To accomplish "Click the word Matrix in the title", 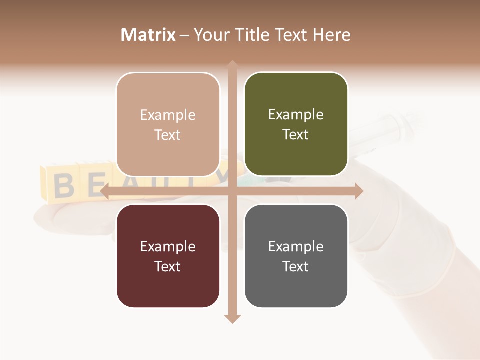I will click(148, 35).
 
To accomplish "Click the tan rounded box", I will click(168, 124).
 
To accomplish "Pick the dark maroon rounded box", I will click(168, 256).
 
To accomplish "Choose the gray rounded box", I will click(296, 256).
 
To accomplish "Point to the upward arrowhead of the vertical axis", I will click(232, 64).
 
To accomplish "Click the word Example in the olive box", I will click(296, 114).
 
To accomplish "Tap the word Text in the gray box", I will click(296, 266).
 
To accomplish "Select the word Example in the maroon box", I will click(168, 246).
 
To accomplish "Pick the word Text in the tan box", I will click(168, 135).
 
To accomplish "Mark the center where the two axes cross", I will click(232, 191).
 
